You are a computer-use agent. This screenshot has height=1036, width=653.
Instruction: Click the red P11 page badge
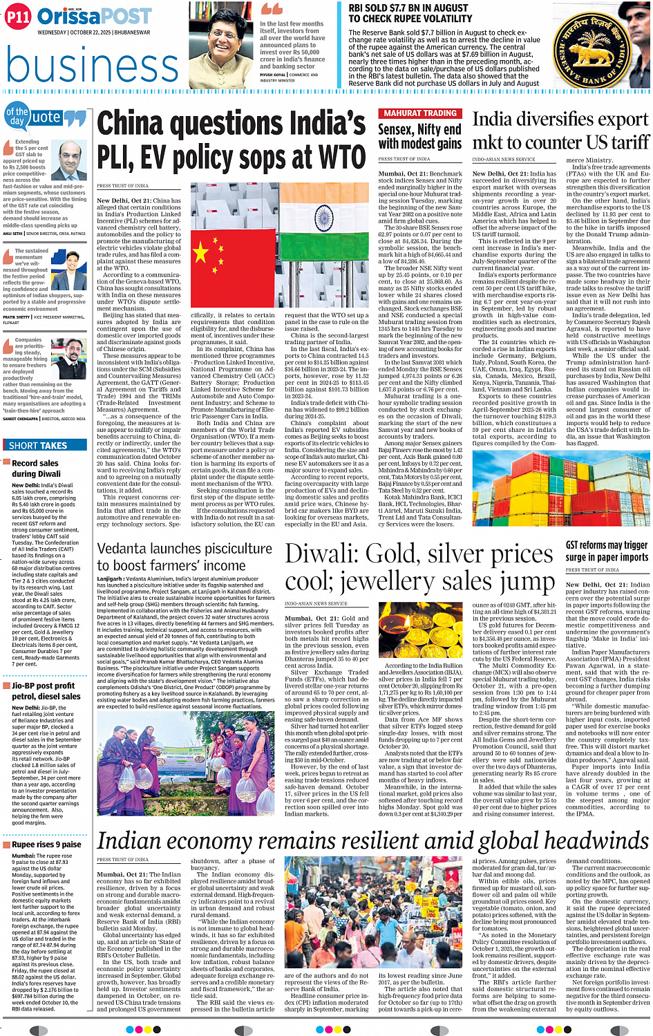[18, 17]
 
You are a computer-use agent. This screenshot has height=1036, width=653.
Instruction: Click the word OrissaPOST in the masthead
[95, 17]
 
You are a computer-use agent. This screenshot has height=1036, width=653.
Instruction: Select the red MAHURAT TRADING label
[420, 113]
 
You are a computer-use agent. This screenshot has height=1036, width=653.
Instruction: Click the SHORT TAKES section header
[39, 446]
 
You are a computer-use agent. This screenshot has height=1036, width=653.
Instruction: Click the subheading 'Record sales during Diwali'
[36, 469]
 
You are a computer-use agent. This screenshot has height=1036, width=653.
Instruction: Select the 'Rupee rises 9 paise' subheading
[46, 844]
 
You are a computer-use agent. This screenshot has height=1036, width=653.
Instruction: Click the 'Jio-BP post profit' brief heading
[43, 686]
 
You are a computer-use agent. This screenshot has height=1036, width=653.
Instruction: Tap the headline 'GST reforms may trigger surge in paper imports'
[607, 552]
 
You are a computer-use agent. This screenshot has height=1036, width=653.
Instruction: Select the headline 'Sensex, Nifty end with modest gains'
[419, 136]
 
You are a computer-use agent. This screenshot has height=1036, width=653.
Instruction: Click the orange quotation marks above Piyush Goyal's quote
[272, 10]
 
